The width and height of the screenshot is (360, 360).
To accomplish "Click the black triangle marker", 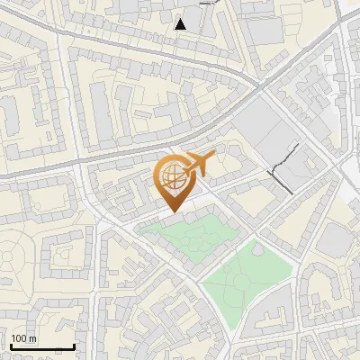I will point(181,24).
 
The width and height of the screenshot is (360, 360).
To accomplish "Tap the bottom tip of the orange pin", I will point(172,211).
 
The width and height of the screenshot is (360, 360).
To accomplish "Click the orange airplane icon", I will point(200,164).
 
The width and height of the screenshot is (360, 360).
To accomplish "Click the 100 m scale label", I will point(22,338).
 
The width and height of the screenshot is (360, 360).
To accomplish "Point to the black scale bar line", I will point(42,346).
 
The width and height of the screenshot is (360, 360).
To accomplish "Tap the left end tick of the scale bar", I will point(11,345).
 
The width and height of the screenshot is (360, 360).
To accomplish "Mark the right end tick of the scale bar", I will point(74,345).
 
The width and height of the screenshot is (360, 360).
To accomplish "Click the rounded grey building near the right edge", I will point(337,239).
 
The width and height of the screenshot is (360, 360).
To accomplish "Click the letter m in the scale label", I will point(31,338).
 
